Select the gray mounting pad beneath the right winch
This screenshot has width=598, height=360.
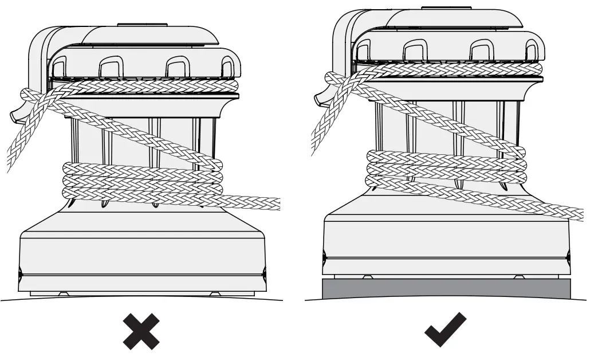[x=446, y=288]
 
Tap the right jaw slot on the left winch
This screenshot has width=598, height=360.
[x=176, y=68]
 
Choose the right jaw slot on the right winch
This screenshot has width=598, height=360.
[x=480, y=52]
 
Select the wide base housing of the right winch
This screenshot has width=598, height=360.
[x=446, y=241]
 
